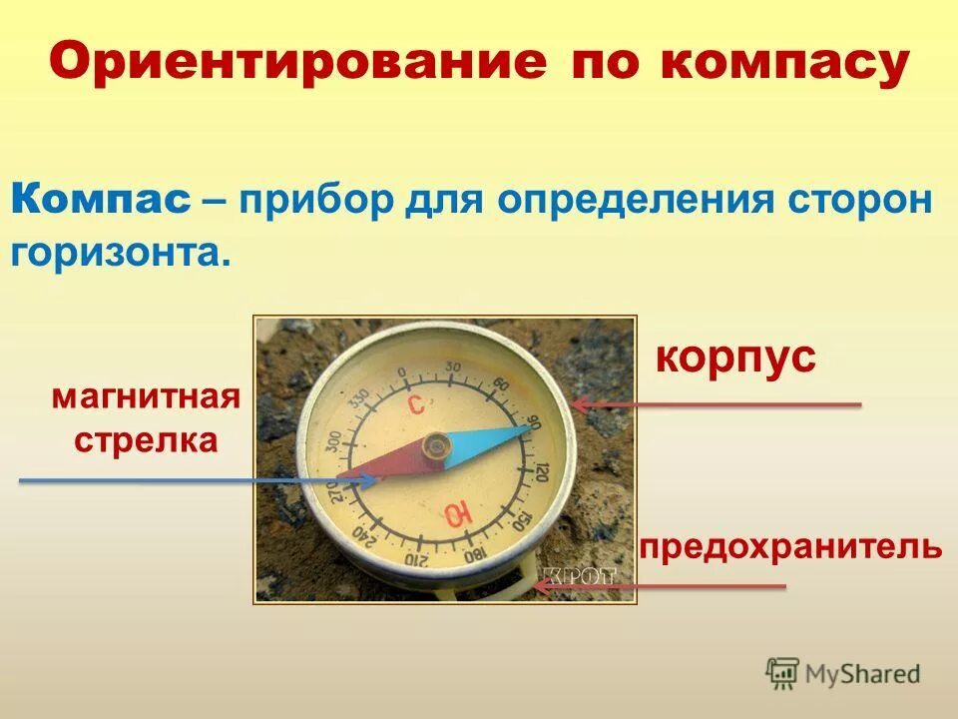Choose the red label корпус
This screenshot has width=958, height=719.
point(735,357)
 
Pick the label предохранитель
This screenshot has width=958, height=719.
point(791,546)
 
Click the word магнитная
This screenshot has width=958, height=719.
point(147,397)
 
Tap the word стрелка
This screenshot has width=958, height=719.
point(146,440)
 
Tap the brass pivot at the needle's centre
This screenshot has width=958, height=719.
point(435,446)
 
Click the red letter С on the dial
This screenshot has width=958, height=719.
point(417,403)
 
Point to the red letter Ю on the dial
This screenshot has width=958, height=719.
point(458,514)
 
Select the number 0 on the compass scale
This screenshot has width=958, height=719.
point(401,374)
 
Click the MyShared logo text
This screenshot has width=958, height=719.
point(862,674)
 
